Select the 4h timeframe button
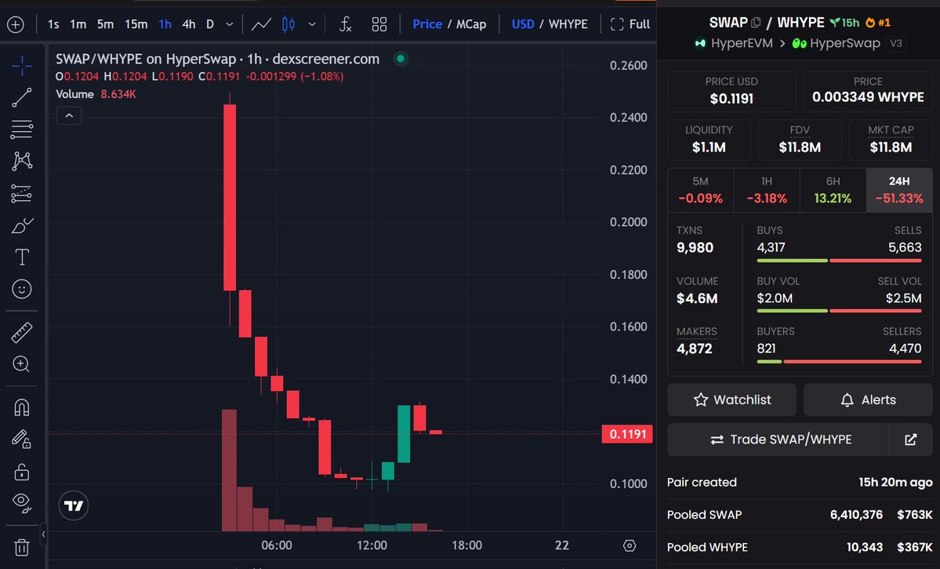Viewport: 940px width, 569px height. [188, 24]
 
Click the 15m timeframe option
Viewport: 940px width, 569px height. [136, 24]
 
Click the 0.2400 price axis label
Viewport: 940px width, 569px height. [628, 118]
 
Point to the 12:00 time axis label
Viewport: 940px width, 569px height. [372, 545]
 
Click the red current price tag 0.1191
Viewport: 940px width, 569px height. [627, 434]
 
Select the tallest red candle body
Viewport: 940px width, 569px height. [230, 197]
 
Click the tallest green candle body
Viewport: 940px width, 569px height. [404, 433]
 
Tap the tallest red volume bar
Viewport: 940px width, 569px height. [230, 470]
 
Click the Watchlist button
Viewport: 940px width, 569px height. [731, 399]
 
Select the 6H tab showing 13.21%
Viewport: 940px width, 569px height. [833, 190]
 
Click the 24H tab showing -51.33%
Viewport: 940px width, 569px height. [899, 190]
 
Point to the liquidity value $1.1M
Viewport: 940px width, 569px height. [709, 147]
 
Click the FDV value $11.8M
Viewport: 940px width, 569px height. [800, 147]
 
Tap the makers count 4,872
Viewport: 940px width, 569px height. [695, 348]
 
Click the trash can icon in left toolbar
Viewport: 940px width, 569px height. [22, 547]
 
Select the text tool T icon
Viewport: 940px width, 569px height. [22, 257]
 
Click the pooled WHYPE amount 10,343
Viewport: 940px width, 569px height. [861, 547]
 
